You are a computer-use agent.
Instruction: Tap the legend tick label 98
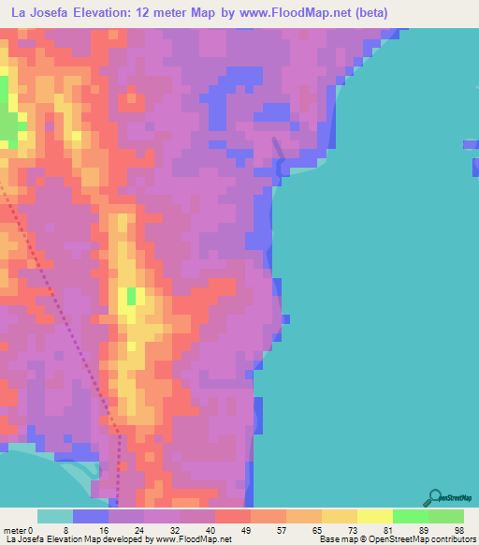(x=457, y=530)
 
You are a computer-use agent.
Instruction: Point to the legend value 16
(x=108, y=530)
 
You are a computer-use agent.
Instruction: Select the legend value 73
(x=324, y=530)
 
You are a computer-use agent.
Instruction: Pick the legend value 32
(x=180, y=530)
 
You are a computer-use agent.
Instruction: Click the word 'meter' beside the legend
(x=16, y=530)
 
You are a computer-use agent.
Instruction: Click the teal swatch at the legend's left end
(x=55, y=516)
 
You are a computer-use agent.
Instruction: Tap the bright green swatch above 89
(x=410, y=516)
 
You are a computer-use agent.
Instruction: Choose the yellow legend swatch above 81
(x=374, y=516)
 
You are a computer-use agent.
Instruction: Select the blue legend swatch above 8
(x=91, y=516)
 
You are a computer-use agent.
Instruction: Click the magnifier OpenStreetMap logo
(x=435, y=496)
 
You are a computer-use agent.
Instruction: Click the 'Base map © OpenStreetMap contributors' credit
(x=394, y=540)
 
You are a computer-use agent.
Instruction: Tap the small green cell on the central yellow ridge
(x=130, y=297)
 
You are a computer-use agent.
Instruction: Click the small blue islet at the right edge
(x=471, y=144)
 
